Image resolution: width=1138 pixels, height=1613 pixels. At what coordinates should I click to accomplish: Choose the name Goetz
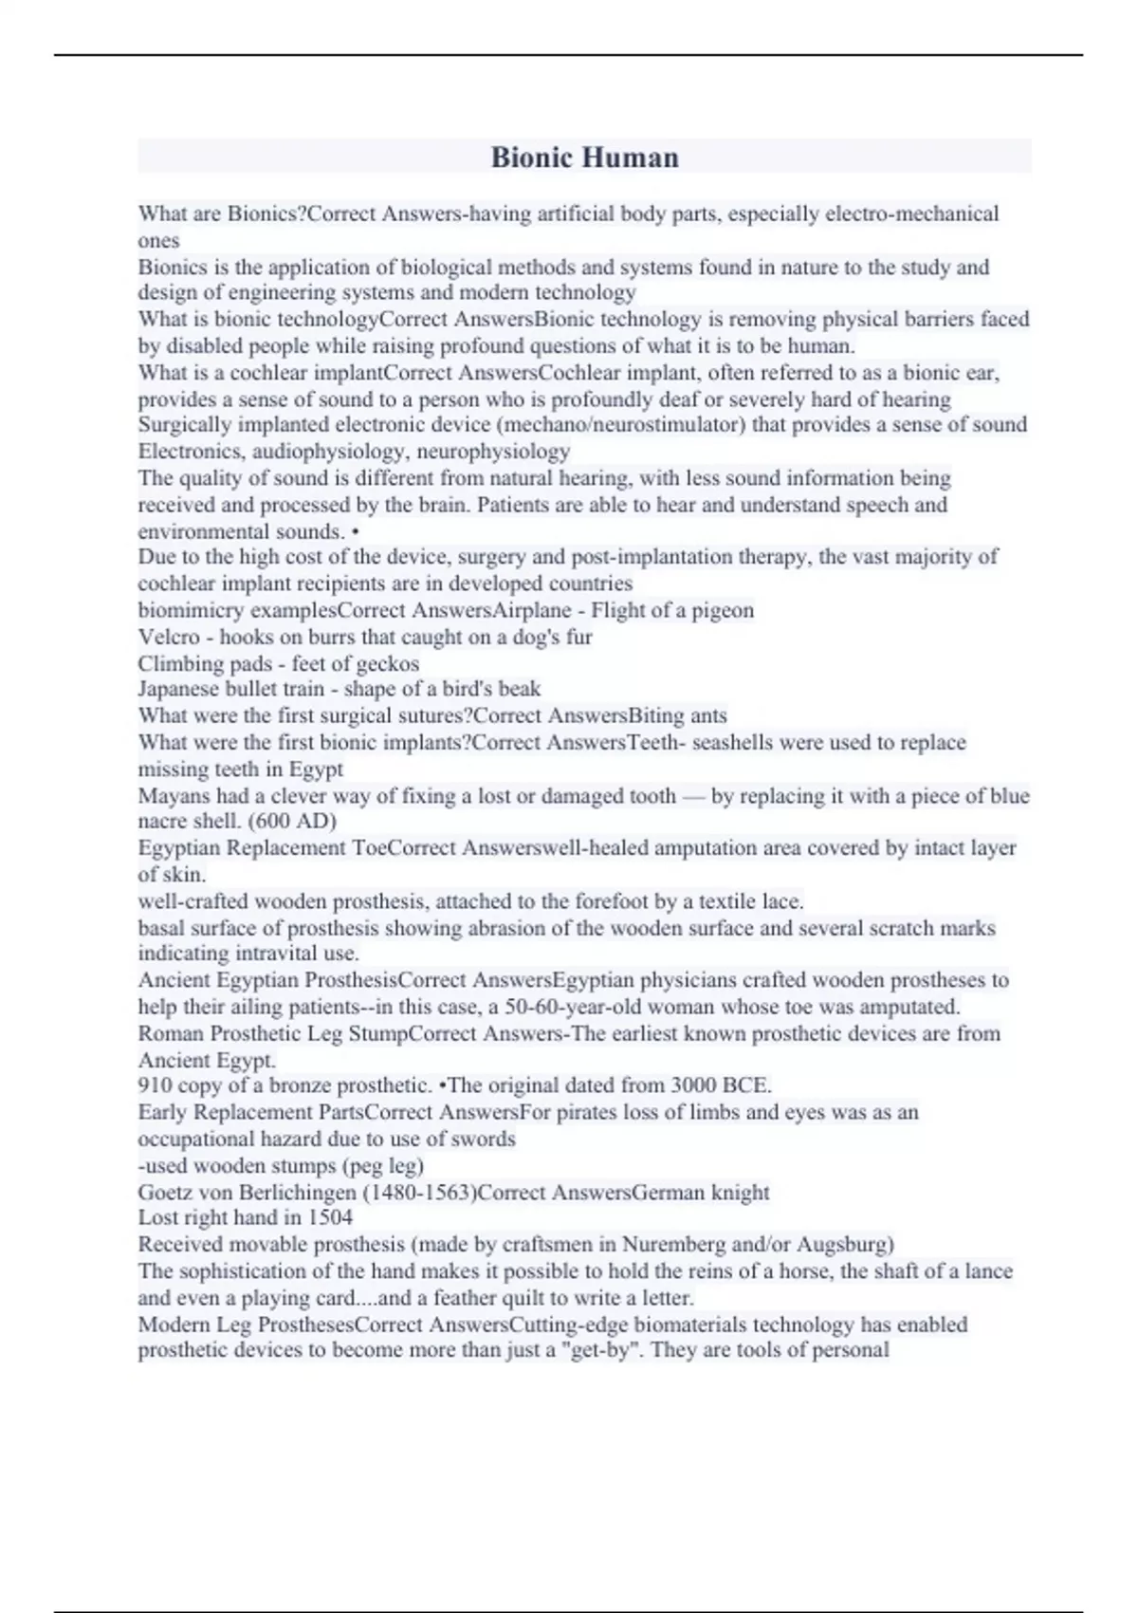[x=164, y=1192]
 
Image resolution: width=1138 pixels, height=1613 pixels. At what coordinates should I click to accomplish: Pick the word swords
[x=485, y=1139]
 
